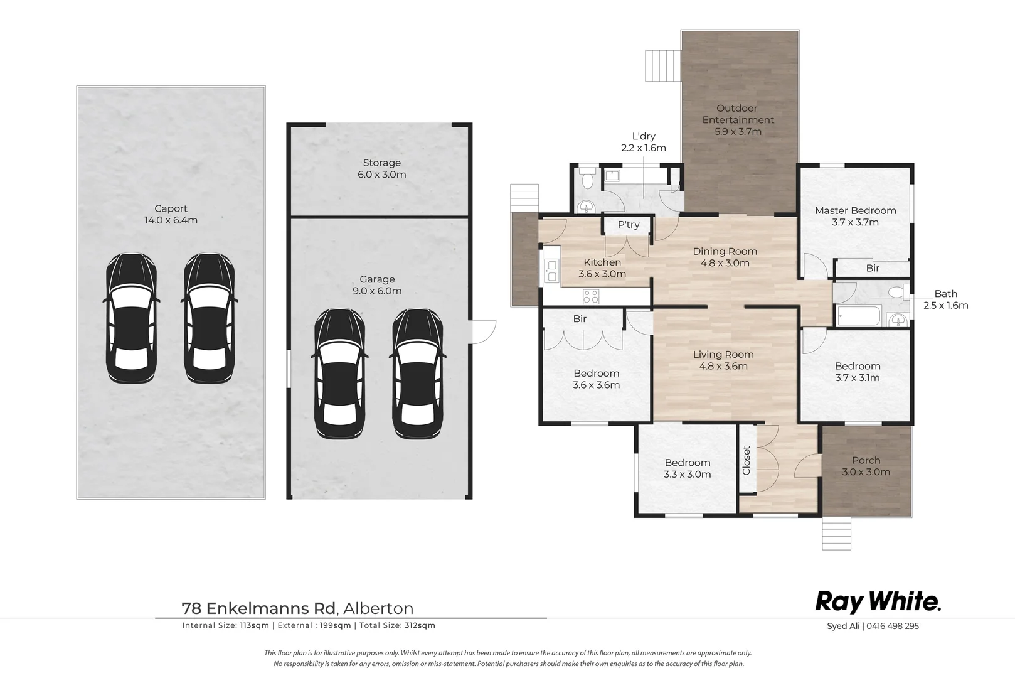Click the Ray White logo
(878, 602)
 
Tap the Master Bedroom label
(856, 210)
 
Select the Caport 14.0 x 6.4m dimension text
(171, 220)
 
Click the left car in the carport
(131, 318)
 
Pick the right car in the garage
(418, 374)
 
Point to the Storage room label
(381, 163)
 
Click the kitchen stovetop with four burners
(592, 296)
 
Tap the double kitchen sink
(551, 271)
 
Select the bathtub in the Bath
(859, 316)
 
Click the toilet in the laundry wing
(588, 180)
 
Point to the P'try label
(629, 225)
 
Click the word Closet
(747, 460)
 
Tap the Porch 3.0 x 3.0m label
(866, 466)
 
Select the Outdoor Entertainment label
(738, 114)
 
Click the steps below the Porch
(836, 534)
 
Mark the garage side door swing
(484, 331)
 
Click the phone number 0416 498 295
(893, 627)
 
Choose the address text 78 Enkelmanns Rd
(258, 608)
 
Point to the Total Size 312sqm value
(420, 625)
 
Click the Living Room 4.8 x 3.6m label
(723, 360)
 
